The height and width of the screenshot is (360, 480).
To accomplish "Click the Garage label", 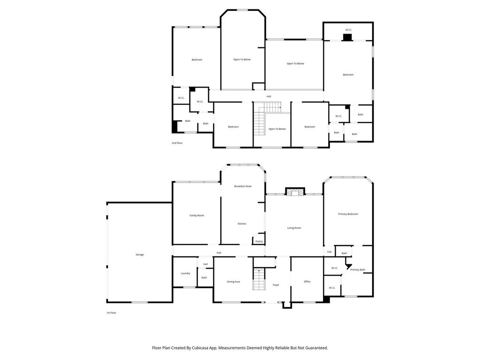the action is pyautogui.click(x=140, y=255).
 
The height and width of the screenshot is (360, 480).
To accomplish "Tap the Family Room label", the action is pyautogui.click(x=196, y=216).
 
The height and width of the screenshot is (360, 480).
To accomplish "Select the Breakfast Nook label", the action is pyautogui.click(x=243, y=186).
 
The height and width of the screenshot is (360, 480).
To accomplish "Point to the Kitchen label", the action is pyautogui.click(x=242, y=224).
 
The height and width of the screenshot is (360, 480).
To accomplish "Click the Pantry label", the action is pyautogui.click(x=259, y=241).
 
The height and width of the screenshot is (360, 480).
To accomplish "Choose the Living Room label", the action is pyautogui.click(x=294, y=228).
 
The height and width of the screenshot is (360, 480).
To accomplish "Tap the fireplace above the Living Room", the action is pyautogui.click(x=295, y=192).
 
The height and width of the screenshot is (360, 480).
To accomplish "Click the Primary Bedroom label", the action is pyautogui.click(x=348, y=214).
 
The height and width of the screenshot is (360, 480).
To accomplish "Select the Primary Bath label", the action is pyautogui.click(x=358, y=270).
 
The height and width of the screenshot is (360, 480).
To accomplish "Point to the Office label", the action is pyautogui.click(x=307, y=282).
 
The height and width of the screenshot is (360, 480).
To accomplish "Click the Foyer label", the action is pyautogui.click(x=276, y=285).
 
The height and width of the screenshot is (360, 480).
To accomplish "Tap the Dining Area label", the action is pyautogui.click(x=233, y=282).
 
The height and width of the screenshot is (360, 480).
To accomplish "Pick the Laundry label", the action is pyautogui.click(x=185, y=273).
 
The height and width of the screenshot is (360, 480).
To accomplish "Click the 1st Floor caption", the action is pyautogui.click(x=111, y=313).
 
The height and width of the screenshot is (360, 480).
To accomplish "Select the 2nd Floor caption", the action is pyautogui.click(x=177, y=143).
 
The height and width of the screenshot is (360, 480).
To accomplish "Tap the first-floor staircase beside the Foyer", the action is pyautogui.click(x=259, y=279).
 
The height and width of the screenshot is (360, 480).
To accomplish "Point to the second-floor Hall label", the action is pyautogui.click(x=269, y=97).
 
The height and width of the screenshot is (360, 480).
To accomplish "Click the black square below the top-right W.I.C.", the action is pyautogui.click(x=347, y=37).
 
